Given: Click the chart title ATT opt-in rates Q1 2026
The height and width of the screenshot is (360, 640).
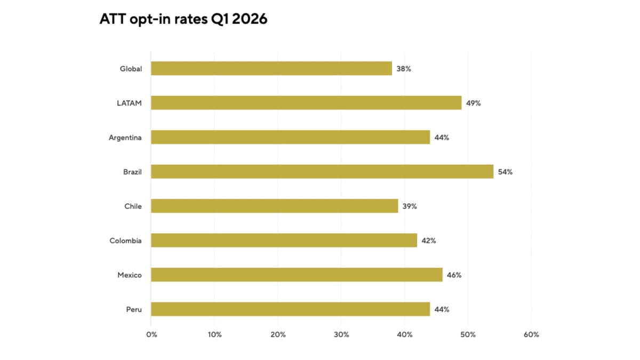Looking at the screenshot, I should pos(183,19).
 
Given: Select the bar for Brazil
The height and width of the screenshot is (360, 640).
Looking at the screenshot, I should pos(322,172).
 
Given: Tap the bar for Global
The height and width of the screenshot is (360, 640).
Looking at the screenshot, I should pos(271,68).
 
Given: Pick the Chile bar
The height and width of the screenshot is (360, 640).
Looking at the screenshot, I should pos(274,206).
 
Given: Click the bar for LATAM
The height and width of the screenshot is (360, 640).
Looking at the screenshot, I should pos(306,103).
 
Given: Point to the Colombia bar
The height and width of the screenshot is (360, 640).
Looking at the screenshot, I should pos(284,241).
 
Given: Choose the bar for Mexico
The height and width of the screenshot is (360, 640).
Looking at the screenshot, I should pos(297,275).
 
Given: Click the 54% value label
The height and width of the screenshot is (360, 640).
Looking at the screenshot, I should pos(505,172).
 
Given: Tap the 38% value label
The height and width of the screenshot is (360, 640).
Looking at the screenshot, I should pos(404,69).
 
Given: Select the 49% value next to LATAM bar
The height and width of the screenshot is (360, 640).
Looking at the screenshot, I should pos(473,103).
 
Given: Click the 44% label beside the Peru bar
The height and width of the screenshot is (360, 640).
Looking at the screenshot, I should pos(442,309).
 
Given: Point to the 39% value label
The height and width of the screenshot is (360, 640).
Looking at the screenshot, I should pos(410,206).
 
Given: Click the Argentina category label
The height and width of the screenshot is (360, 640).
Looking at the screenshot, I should pos(125,138).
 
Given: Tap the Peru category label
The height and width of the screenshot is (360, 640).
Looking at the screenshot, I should pos(133,309).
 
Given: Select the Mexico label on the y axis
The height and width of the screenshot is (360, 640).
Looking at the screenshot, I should pos(130,275).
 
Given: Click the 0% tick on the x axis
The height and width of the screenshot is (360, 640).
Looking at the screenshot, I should pos(151,335).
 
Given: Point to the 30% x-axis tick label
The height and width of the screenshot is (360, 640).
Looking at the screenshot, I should pos(341,335).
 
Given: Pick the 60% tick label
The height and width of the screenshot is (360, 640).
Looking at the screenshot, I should pos(531,335).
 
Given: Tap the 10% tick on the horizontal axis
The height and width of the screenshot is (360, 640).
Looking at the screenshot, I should pos(214,335).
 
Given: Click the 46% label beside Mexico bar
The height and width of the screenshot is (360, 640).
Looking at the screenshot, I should pos(454,275).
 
